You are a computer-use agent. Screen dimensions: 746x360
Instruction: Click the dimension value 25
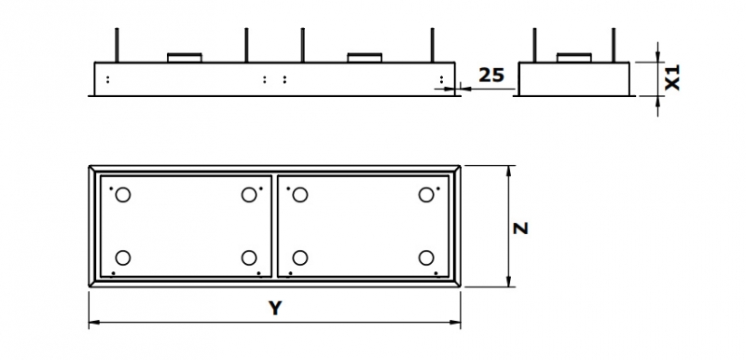click(x=491, y=75)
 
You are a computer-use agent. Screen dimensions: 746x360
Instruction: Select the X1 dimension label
click(x=672, y=77)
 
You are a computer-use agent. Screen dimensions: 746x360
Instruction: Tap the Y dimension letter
click(x=275, y=308)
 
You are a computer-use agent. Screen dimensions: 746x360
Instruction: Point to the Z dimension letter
click(x=521, y=228)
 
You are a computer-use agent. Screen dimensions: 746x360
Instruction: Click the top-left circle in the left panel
click(x=123, y=195)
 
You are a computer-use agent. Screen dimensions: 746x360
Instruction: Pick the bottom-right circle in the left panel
click(x=249, y=257)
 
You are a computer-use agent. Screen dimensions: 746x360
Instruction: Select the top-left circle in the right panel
click(x=299, y=195)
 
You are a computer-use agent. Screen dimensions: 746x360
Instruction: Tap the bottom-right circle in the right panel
click(x=426, y=257)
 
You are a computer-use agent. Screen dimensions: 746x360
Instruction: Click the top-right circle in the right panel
click(x=426, y=195)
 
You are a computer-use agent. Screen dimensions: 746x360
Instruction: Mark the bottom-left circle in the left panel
click(x=123, y=257)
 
